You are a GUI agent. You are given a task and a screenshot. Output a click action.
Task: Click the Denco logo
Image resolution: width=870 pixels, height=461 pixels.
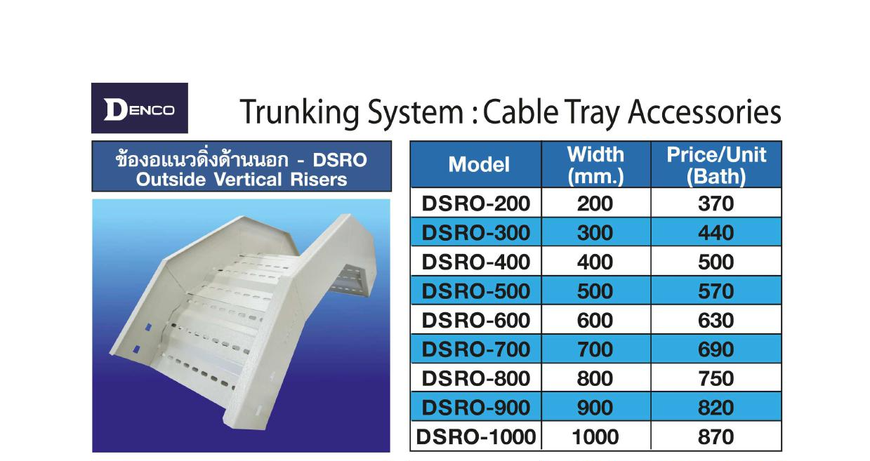(140, 108)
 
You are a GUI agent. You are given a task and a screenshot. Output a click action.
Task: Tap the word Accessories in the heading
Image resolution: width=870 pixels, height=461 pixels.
(704, 112)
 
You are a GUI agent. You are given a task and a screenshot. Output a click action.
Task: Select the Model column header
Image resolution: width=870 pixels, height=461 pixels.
(478, 164)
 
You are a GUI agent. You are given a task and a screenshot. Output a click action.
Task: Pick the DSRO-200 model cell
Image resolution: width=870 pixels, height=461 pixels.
(476, 203)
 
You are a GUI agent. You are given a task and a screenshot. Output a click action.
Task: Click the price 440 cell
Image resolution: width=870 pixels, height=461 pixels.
(716, 232)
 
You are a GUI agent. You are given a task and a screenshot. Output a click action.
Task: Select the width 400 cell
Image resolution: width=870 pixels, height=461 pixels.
(595, 262)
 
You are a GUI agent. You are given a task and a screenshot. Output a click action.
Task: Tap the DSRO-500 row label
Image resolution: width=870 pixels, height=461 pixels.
(476, 291)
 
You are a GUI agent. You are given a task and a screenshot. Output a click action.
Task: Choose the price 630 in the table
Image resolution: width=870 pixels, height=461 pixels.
(716, 320)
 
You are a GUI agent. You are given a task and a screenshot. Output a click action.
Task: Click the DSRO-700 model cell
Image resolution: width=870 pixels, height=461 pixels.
(476, 349)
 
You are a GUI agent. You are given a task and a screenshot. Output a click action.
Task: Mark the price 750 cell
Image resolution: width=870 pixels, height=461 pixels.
(716, 378)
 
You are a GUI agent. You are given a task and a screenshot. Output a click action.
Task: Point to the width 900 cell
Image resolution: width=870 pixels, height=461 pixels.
(595, 408)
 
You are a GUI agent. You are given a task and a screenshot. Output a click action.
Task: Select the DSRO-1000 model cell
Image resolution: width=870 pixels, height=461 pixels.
(476, 436)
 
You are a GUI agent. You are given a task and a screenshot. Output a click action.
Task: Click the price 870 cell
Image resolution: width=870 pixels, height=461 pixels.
(716, 436)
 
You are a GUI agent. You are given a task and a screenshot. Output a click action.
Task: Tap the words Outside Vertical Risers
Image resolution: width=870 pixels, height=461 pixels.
(241, 180)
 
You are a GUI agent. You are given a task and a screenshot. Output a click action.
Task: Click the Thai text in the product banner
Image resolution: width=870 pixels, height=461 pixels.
(202, 159)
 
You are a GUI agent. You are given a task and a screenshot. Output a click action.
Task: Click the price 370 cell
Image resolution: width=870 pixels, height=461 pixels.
(716, 203)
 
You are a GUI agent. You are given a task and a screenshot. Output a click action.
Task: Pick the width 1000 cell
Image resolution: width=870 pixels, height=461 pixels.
(595, 436)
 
